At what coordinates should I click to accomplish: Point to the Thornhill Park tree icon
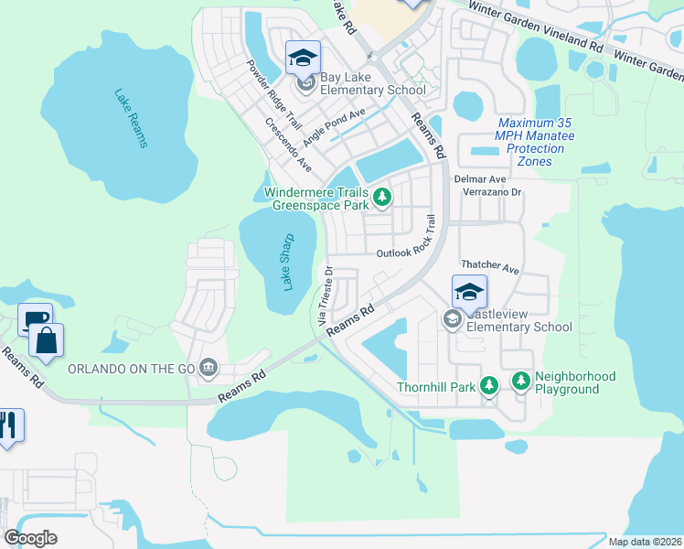pos(489,386)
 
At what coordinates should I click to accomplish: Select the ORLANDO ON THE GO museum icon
pos(209,368)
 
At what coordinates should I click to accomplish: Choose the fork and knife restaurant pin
pos(9,425)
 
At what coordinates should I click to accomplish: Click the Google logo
pos(30,538)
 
